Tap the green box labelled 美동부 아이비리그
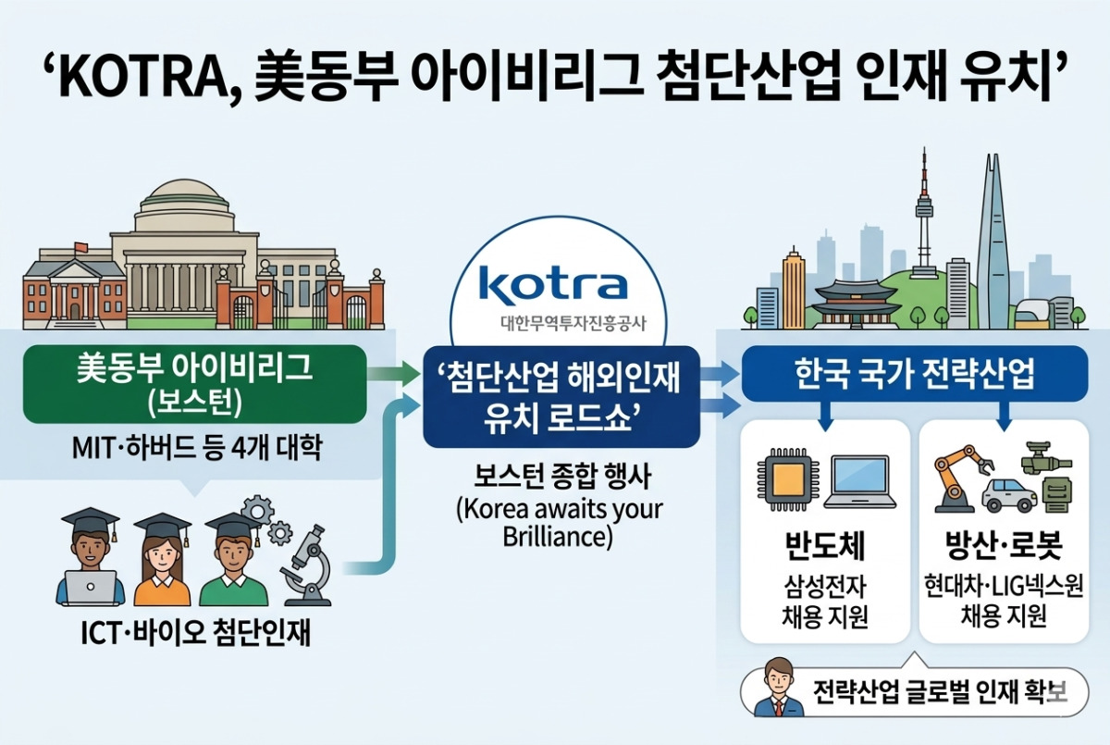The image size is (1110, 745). [x=195, y=384]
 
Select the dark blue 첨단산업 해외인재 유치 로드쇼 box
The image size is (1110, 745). [x=561, y=397]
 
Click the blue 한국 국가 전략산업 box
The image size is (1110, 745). [x=915, y=374]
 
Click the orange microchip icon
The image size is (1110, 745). [x=789, y=480]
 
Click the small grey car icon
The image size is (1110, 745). [x=1009, y=495]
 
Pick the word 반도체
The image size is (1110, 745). [x=825, y=546]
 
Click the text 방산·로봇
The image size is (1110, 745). [x=1004, y=545]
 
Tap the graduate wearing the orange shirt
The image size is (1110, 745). [x=162, y=560]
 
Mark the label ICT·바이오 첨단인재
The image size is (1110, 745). [x=196, y=634]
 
